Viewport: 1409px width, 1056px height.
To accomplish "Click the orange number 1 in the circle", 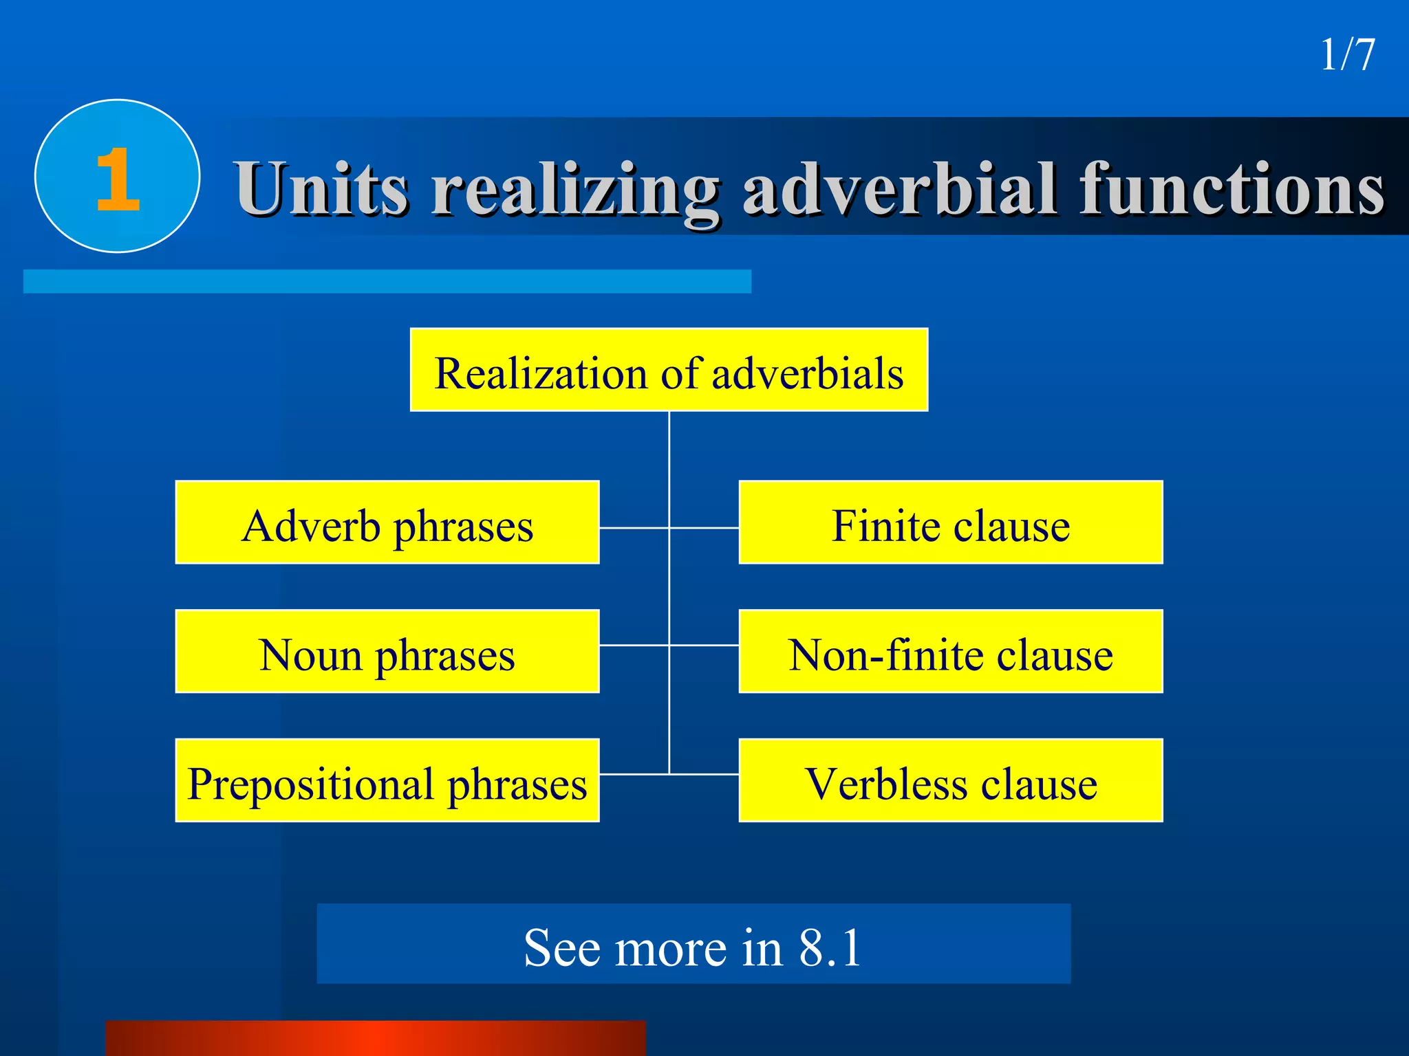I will [118, 179].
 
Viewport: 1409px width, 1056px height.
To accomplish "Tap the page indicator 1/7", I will [1347, 55].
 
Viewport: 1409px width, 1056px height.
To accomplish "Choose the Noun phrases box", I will [387, 651].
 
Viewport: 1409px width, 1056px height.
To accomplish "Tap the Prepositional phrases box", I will [387, 780].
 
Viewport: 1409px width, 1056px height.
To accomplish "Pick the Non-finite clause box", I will [951, 651].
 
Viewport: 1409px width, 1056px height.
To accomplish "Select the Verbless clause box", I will [951, 780].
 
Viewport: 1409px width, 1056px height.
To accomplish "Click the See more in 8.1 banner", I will [693, 944].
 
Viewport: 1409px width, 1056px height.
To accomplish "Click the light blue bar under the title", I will [387, 281].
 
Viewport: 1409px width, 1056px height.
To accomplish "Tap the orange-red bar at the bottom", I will [376, 1038].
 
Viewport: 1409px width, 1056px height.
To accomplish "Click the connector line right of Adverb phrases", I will [633, 528].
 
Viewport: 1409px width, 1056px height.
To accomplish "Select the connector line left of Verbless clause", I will [704, 774].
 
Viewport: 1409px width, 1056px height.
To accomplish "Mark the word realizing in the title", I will [575, 189].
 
